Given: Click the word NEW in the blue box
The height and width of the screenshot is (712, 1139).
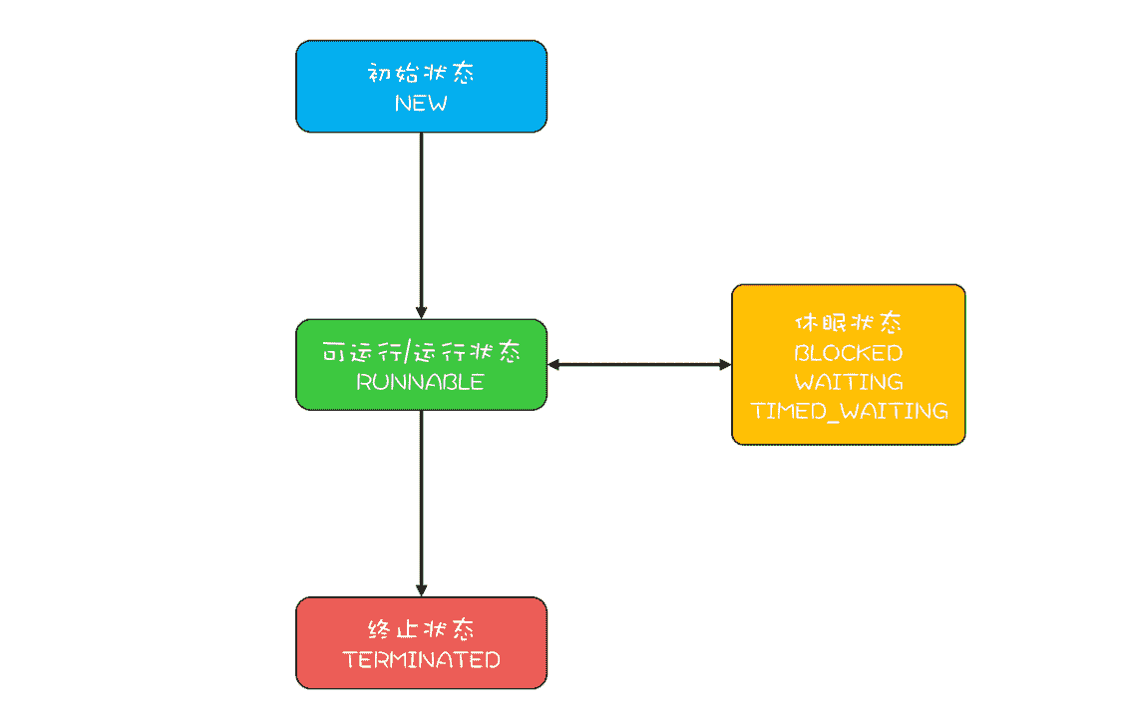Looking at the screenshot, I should [421, 103].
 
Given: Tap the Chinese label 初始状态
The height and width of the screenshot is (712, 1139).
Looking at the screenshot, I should [421, 74].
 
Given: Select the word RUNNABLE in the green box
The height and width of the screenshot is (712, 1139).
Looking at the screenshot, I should [421, 382].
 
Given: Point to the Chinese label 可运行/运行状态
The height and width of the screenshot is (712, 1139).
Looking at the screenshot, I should [421, 353].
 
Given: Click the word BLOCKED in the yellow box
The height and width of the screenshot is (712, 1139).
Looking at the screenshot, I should [848, 353].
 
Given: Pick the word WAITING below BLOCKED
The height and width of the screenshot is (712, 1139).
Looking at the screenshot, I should [848, 382].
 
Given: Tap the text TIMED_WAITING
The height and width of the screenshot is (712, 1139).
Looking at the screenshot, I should [848, 411].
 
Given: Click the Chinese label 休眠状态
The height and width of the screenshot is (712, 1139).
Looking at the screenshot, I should [848, 324].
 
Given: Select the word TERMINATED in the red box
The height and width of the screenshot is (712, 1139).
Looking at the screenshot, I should [421, 659].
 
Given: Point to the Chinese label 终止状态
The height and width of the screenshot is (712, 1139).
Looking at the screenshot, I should [421, 630].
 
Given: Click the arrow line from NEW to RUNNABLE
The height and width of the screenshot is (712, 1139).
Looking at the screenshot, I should [421, 219].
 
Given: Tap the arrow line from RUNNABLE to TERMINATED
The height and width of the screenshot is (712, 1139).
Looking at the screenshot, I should [421, 499].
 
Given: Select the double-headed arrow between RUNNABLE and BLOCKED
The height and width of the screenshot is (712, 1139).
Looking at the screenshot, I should [638, 365].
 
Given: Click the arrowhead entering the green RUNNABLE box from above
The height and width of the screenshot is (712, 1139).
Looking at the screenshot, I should [421, 312].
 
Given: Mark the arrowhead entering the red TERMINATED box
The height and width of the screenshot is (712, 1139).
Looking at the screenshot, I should [421, 589].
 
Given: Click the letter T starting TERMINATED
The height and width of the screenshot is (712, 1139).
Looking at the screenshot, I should [349, 659].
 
